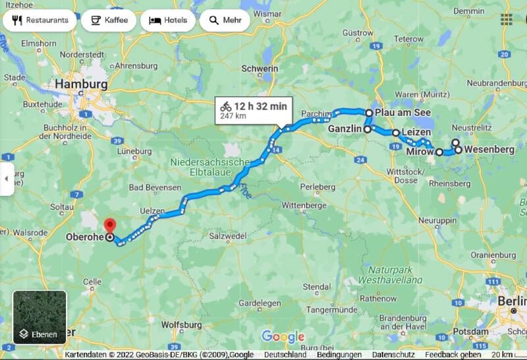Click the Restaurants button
[x=40, y=20]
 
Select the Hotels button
[x=167, y=20]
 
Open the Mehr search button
[x=225, y=20]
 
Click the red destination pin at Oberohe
[x=110, y=226]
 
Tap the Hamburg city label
[x=81, y=84]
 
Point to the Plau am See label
[x=402, y=113]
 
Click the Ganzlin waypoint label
[x=345, y=130]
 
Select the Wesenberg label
[x=489, y=150]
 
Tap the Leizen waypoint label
[x=416, y=133]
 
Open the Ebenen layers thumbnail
[x=40, y=317]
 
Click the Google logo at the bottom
[x=283, y=337]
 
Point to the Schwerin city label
[x=260, y=68]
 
